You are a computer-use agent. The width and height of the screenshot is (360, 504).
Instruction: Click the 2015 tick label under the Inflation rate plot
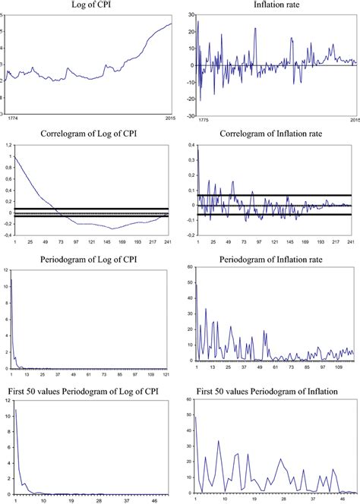coord(349,119)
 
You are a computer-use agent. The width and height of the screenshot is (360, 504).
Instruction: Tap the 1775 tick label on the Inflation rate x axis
coord(202,119)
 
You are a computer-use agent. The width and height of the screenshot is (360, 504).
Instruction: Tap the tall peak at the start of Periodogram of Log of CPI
coord(11,282)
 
